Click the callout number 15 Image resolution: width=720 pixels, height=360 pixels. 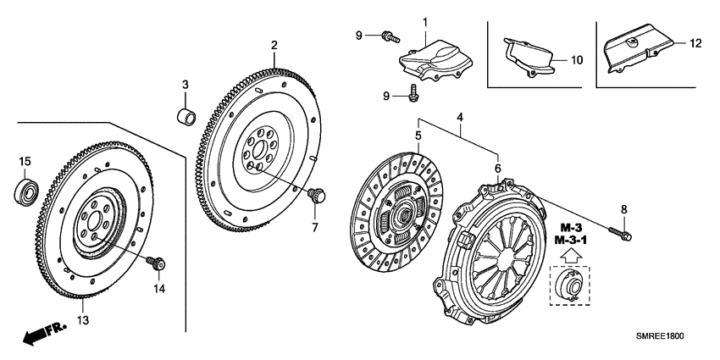(25, 161)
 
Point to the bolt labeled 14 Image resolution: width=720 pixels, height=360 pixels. (156, 263)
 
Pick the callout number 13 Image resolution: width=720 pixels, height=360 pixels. (82, 320)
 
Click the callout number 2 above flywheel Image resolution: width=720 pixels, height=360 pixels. (274, 45)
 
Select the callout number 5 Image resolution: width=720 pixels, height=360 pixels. (418, 136)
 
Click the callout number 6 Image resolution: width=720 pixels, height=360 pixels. (497, 169)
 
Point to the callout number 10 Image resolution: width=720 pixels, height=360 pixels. (577, 60)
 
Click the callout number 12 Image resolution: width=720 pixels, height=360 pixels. (695, 43)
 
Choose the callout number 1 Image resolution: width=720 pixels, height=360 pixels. (425, 20)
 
